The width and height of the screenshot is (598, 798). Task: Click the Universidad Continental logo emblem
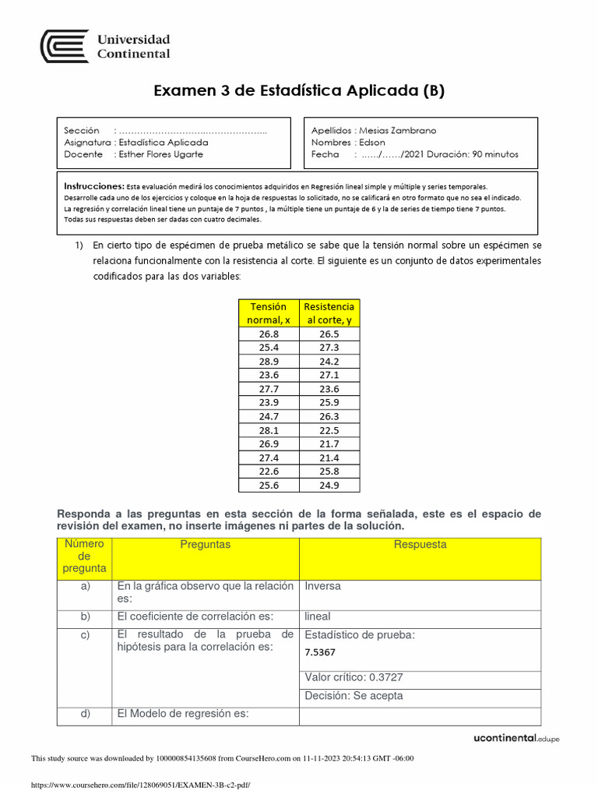(x=65, y=47)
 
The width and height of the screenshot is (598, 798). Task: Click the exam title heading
(x=299, y=90)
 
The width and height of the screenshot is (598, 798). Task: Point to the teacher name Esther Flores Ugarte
(x=160, y=154)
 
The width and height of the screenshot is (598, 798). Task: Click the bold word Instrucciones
(x=93, y=187)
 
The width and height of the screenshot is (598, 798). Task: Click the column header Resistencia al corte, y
(x=329, y=313)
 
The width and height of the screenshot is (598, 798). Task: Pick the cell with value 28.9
(x=268, y=362)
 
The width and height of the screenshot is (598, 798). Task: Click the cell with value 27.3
(x=329, y=348)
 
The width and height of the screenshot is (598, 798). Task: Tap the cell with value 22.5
(x=329, y=429)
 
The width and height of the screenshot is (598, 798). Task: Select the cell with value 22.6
(x=268, y=471)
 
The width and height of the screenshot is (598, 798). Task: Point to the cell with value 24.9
(x=329, y=485)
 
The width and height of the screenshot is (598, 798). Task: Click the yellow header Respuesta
(x=420, y=545)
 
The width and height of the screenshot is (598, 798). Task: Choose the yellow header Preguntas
(x=206, y=545)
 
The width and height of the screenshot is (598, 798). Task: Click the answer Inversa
(x=323, y=586)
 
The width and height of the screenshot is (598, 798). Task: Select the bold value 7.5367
(x=320, y=653)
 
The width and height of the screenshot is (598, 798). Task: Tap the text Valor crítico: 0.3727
(x=354, y=677)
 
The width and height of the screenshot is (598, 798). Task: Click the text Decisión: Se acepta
(x=354, y=696)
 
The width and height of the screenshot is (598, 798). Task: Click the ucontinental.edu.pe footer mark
(x=516, y=738)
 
